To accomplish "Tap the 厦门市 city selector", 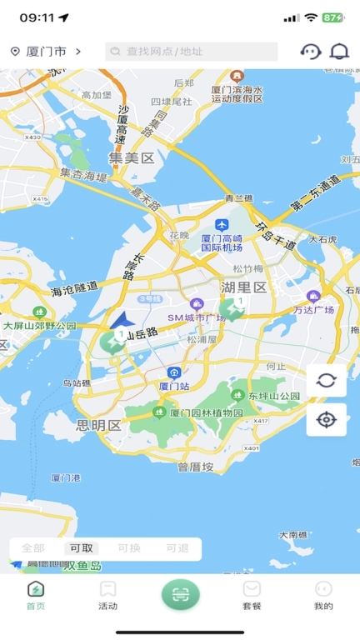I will [x=46, y=52].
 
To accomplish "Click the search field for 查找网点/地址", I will [x=192, y=52].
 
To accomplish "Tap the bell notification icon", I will [x=339, y=52].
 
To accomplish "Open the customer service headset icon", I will [x=310, y=52].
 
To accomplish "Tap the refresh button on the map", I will [x=326, y=381].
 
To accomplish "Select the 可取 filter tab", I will [x=82, y=548].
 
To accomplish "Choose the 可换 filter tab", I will [x=129, y=548].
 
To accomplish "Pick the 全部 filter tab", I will [x=33, y=548].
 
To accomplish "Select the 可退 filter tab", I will [x=177, y=548].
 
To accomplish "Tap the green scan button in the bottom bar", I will [x=180, y=594].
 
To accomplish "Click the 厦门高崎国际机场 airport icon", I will [x=222, y=225].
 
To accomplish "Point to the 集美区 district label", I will [x=132, y=158].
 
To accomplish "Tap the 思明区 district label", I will [x=98, y=425].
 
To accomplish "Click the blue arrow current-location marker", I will [x=121, y=319].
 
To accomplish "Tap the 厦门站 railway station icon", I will [x=173, y=373].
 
